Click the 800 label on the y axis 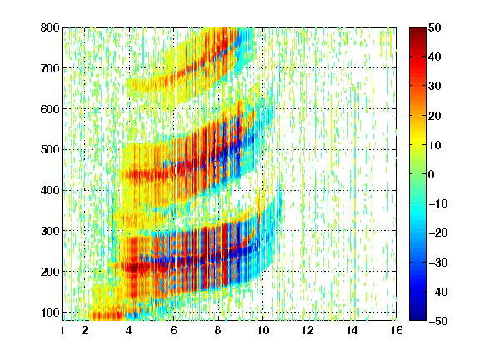coord(50,27)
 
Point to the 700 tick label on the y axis coord(50,68)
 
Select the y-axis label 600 coord(50,109)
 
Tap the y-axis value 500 coord(50,150)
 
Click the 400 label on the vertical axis coord(50,190)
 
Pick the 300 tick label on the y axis coord(50,231)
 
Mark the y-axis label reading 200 coord(50,272)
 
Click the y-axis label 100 coord(50,312)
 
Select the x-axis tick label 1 coord(62,330)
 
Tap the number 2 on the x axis coord(85,330)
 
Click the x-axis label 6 coord(173,330)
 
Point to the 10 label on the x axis coord(262,330)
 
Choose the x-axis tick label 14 coord(352,330)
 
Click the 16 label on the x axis coord(396,330)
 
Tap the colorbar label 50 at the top coord(435,27)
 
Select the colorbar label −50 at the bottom coord(438,321)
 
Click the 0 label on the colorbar coord(432,174)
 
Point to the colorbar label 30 coord(435,86)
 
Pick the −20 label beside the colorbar coord(438,232)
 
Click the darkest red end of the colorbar coord(417,29)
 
